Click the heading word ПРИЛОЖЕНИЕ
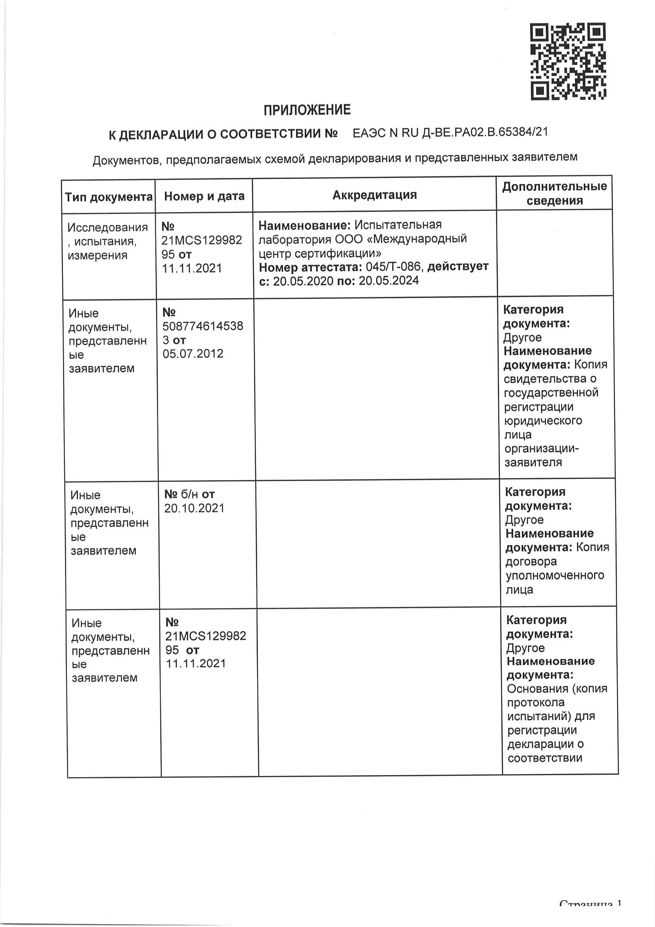coord(307,110)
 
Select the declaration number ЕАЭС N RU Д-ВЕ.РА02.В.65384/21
coord(451,132)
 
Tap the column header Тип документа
coord(109,197)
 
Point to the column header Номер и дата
coord(204,196)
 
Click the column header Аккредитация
coord(374,195)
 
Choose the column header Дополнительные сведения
coord(554,193)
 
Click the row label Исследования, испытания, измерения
coord(107,241)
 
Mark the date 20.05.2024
coord(389,281)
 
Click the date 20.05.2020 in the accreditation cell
coord(303,281)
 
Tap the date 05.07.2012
coord(193,354)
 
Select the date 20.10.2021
coord(194,508)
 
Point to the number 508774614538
coord(203,326)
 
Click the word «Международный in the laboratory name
coord(419,239)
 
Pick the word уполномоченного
coord(555,575)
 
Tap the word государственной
coord(551,393)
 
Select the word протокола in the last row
coord(536,703)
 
